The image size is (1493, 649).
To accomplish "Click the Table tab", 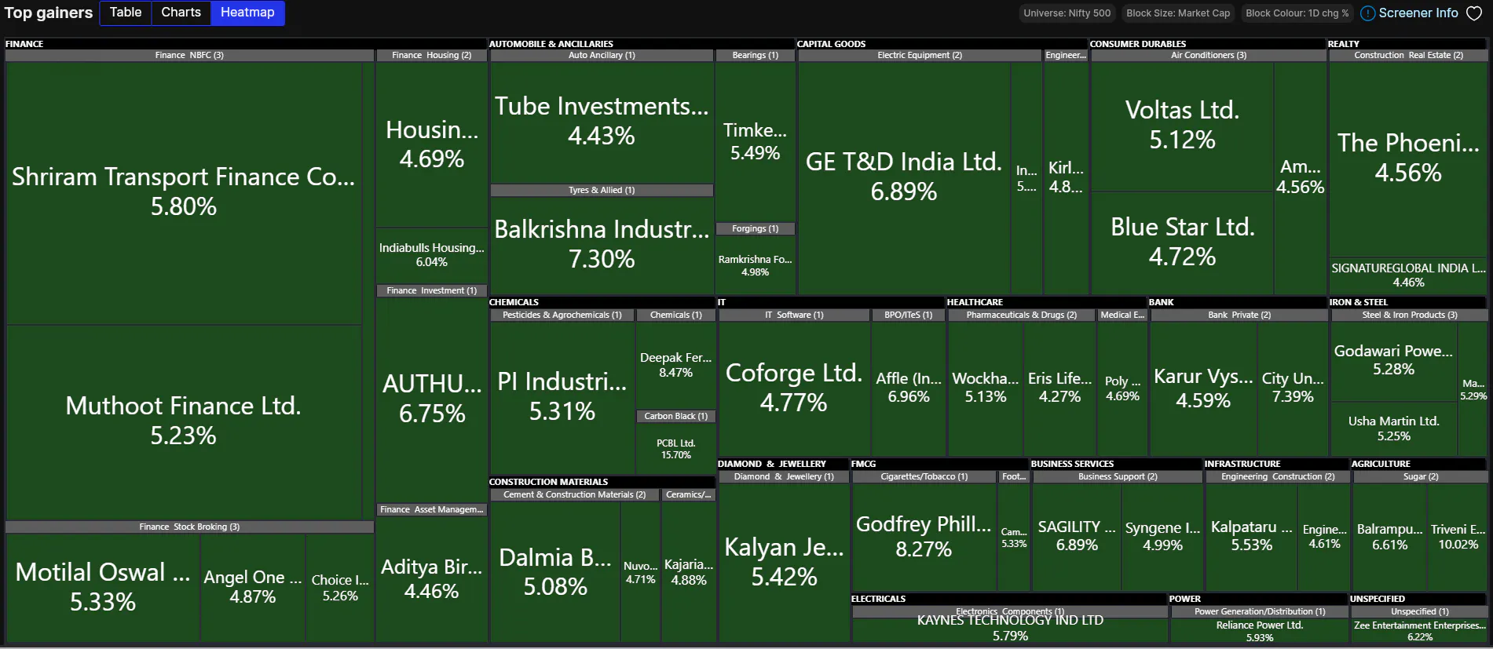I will coord(126,13).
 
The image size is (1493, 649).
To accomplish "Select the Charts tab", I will coord(181,13).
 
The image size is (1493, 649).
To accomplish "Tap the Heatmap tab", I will coord(247,13).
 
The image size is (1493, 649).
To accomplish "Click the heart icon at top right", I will coord(1474,13).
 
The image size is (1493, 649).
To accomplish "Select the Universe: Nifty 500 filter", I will coord(1067,13).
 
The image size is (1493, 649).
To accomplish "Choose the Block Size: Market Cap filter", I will coord(1178,13).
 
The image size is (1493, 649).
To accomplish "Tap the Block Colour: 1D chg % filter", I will coord(1297,13).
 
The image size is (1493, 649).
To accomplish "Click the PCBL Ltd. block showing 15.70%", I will coord(675,448).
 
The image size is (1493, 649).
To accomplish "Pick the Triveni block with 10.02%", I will coord(1458,537).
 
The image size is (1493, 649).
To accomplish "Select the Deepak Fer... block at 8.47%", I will coord(675,365).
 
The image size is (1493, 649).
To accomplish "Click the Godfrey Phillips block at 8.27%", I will coord(924,536).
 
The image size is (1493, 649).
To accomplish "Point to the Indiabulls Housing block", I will coord(431,254).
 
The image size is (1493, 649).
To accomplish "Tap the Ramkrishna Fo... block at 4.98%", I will coord(755,265).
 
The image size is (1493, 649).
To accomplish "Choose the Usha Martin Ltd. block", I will coord(1393,428).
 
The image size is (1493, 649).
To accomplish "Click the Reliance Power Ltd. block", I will coord(1259,631).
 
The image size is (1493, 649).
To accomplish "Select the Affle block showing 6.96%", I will coord(908,388).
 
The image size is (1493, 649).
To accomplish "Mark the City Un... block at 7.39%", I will coord(1292,388).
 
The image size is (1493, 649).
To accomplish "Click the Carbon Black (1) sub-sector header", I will coord(675,416).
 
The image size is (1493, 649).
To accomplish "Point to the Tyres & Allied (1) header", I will coord(602,190).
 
